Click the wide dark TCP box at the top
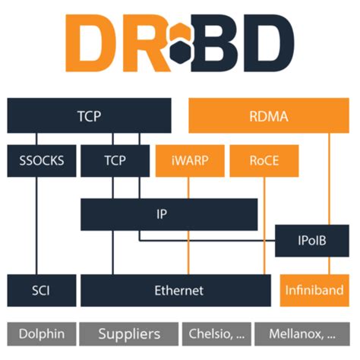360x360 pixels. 90,117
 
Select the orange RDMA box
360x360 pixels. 268,117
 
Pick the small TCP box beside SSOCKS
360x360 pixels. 113,161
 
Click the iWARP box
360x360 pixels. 182,161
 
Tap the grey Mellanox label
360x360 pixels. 303,333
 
